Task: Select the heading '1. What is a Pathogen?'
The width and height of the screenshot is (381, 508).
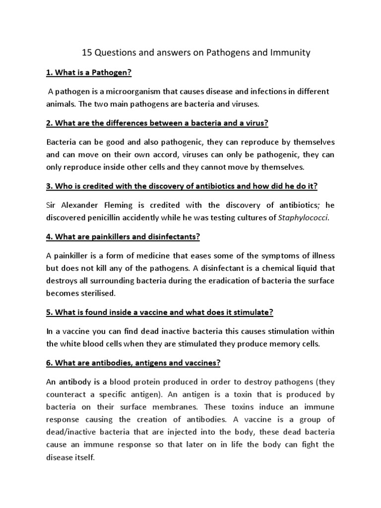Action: click(88, 72)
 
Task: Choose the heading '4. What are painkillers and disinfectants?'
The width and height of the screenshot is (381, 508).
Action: click(123, 237)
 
